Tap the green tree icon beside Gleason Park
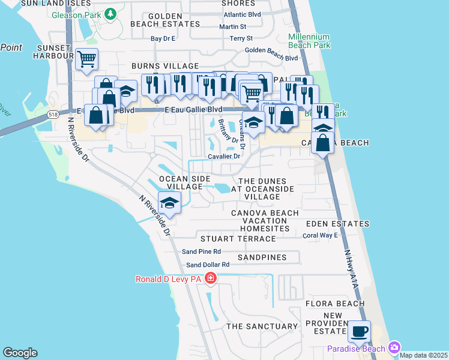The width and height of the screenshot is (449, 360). [110, 13]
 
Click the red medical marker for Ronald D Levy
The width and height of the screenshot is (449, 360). [210, 278]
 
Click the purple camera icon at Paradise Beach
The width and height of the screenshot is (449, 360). [394, 347]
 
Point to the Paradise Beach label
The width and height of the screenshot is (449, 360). [357, 349]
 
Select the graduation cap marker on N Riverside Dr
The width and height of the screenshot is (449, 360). [170, 203]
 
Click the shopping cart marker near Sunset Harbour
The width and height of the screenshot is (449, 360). [87, 59]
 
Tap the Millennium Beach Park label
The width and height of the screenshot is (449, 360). [309, 40]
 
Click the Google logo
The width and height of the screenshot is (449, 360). [20, 353]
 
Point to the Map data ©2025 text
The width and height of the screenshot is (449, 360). [423, 355]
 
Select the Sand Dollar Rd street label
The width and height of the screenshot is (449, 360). [208, 265]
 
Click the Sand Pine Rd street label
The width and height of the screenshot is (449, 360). [202, 251]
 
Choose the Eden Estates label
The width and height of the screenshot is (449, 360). [337, 224]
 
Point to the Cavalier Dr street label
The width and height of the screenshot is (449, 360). [224, 157]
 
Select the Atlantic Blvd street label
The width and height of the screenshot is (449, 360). [242, 14]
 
